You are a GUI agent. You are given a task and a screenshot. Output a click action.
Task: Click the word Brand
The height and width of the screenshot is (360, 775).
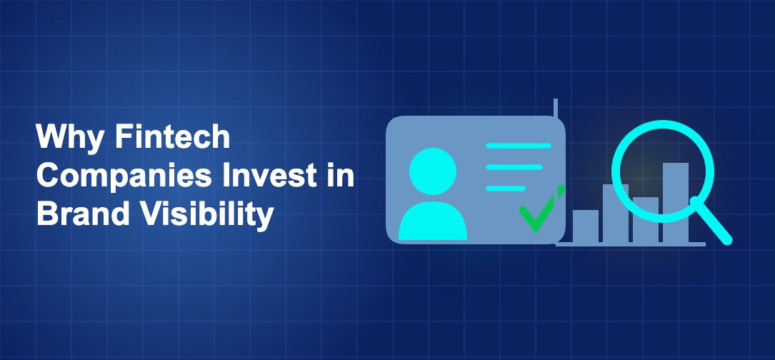(x=78, y=214)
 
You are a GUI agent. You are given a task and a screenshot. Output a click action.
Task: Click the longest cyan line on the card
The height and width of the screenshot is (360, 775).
(x=518, y=146)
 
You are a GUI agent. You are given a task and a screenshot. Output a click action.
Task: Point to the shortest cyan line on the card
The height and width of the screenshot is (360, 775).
(x=505, y=189)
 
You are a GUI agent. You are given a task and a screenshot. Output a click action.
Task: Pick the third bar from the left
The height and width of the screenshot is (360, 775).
(x=645, y=219)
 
